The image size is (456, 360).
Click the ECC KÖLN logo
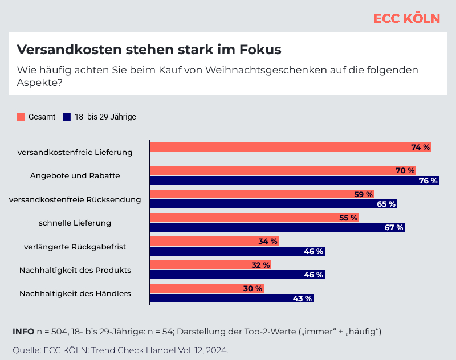click(x=406, y=18)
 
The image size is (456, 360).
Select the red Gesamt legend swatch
click(x=21, y=117)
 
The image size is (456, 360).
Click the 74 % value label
click(x=420, y=147)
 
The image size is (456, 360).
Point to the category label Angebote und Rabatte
click(x=75, y=175)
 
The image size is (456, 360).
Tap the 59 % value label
click(x=363, y=194)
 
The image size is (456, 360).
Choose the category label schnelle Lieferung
click(x=75, y=223)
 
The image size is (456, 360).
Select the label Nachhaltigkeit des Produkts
click(x=75, y=270)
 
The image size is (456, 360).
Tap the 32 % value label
click(x=260, y=265)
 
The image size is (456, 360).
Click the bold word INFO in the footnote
click(x=23, y=332)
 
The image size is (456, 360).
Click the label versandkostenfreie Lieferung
click(x=75, y=152)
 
